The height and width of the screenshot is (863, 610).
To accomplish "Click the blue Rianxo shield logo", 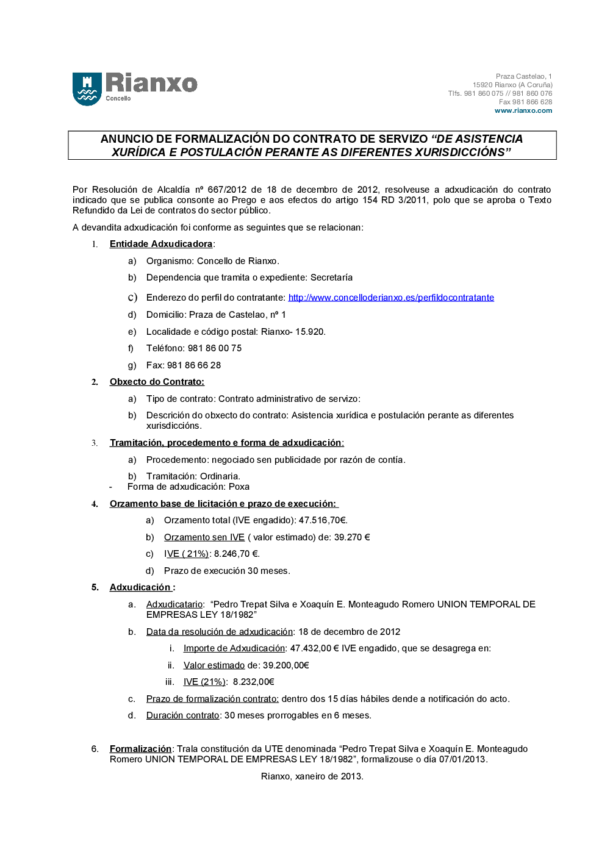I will tap(87, 89).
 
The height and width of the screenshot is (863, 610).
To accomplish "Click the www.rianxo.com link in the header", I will tap(523, 111).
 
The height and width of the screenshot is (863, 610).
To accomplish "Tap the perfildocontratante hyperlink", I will tap(391, 298).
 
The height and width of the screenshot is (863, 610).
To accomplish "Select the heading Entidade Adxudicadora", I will tap(161, 244).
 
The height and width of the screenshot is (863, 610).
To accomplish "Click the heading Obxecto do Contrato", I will tap(157, 382).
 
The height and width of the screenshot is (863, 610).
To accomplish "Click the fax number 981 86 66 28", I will tap(194, 365).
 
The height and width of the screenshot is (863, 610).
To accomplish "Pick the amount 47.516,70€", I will tap(323, 520).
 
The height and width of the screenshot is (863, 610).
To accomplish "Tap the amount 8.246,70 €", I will tap(237, 554).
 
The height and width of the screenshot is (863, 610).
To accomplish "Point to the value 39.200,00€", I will tap(285, 665).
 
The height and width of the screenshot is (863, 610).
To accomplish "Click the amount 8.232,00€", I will tap(253, 682).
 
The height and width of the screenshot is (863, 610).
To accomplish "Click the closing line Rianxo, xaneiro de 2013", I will tap(312, 776).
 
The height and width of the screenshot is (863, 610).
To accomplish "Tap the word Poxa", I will tap(239, 487).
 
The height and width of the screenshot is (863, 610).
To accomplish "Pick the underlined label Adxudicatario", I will tap(174, 604).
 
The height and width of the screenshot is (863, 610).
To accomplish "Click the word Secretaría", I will tap(331, 278).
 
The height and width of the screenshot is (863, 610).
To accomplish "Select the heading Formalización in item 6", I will tap(140, 749).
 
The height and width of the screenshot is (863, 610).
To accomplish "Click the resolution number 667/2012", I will tap(227, 190).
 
